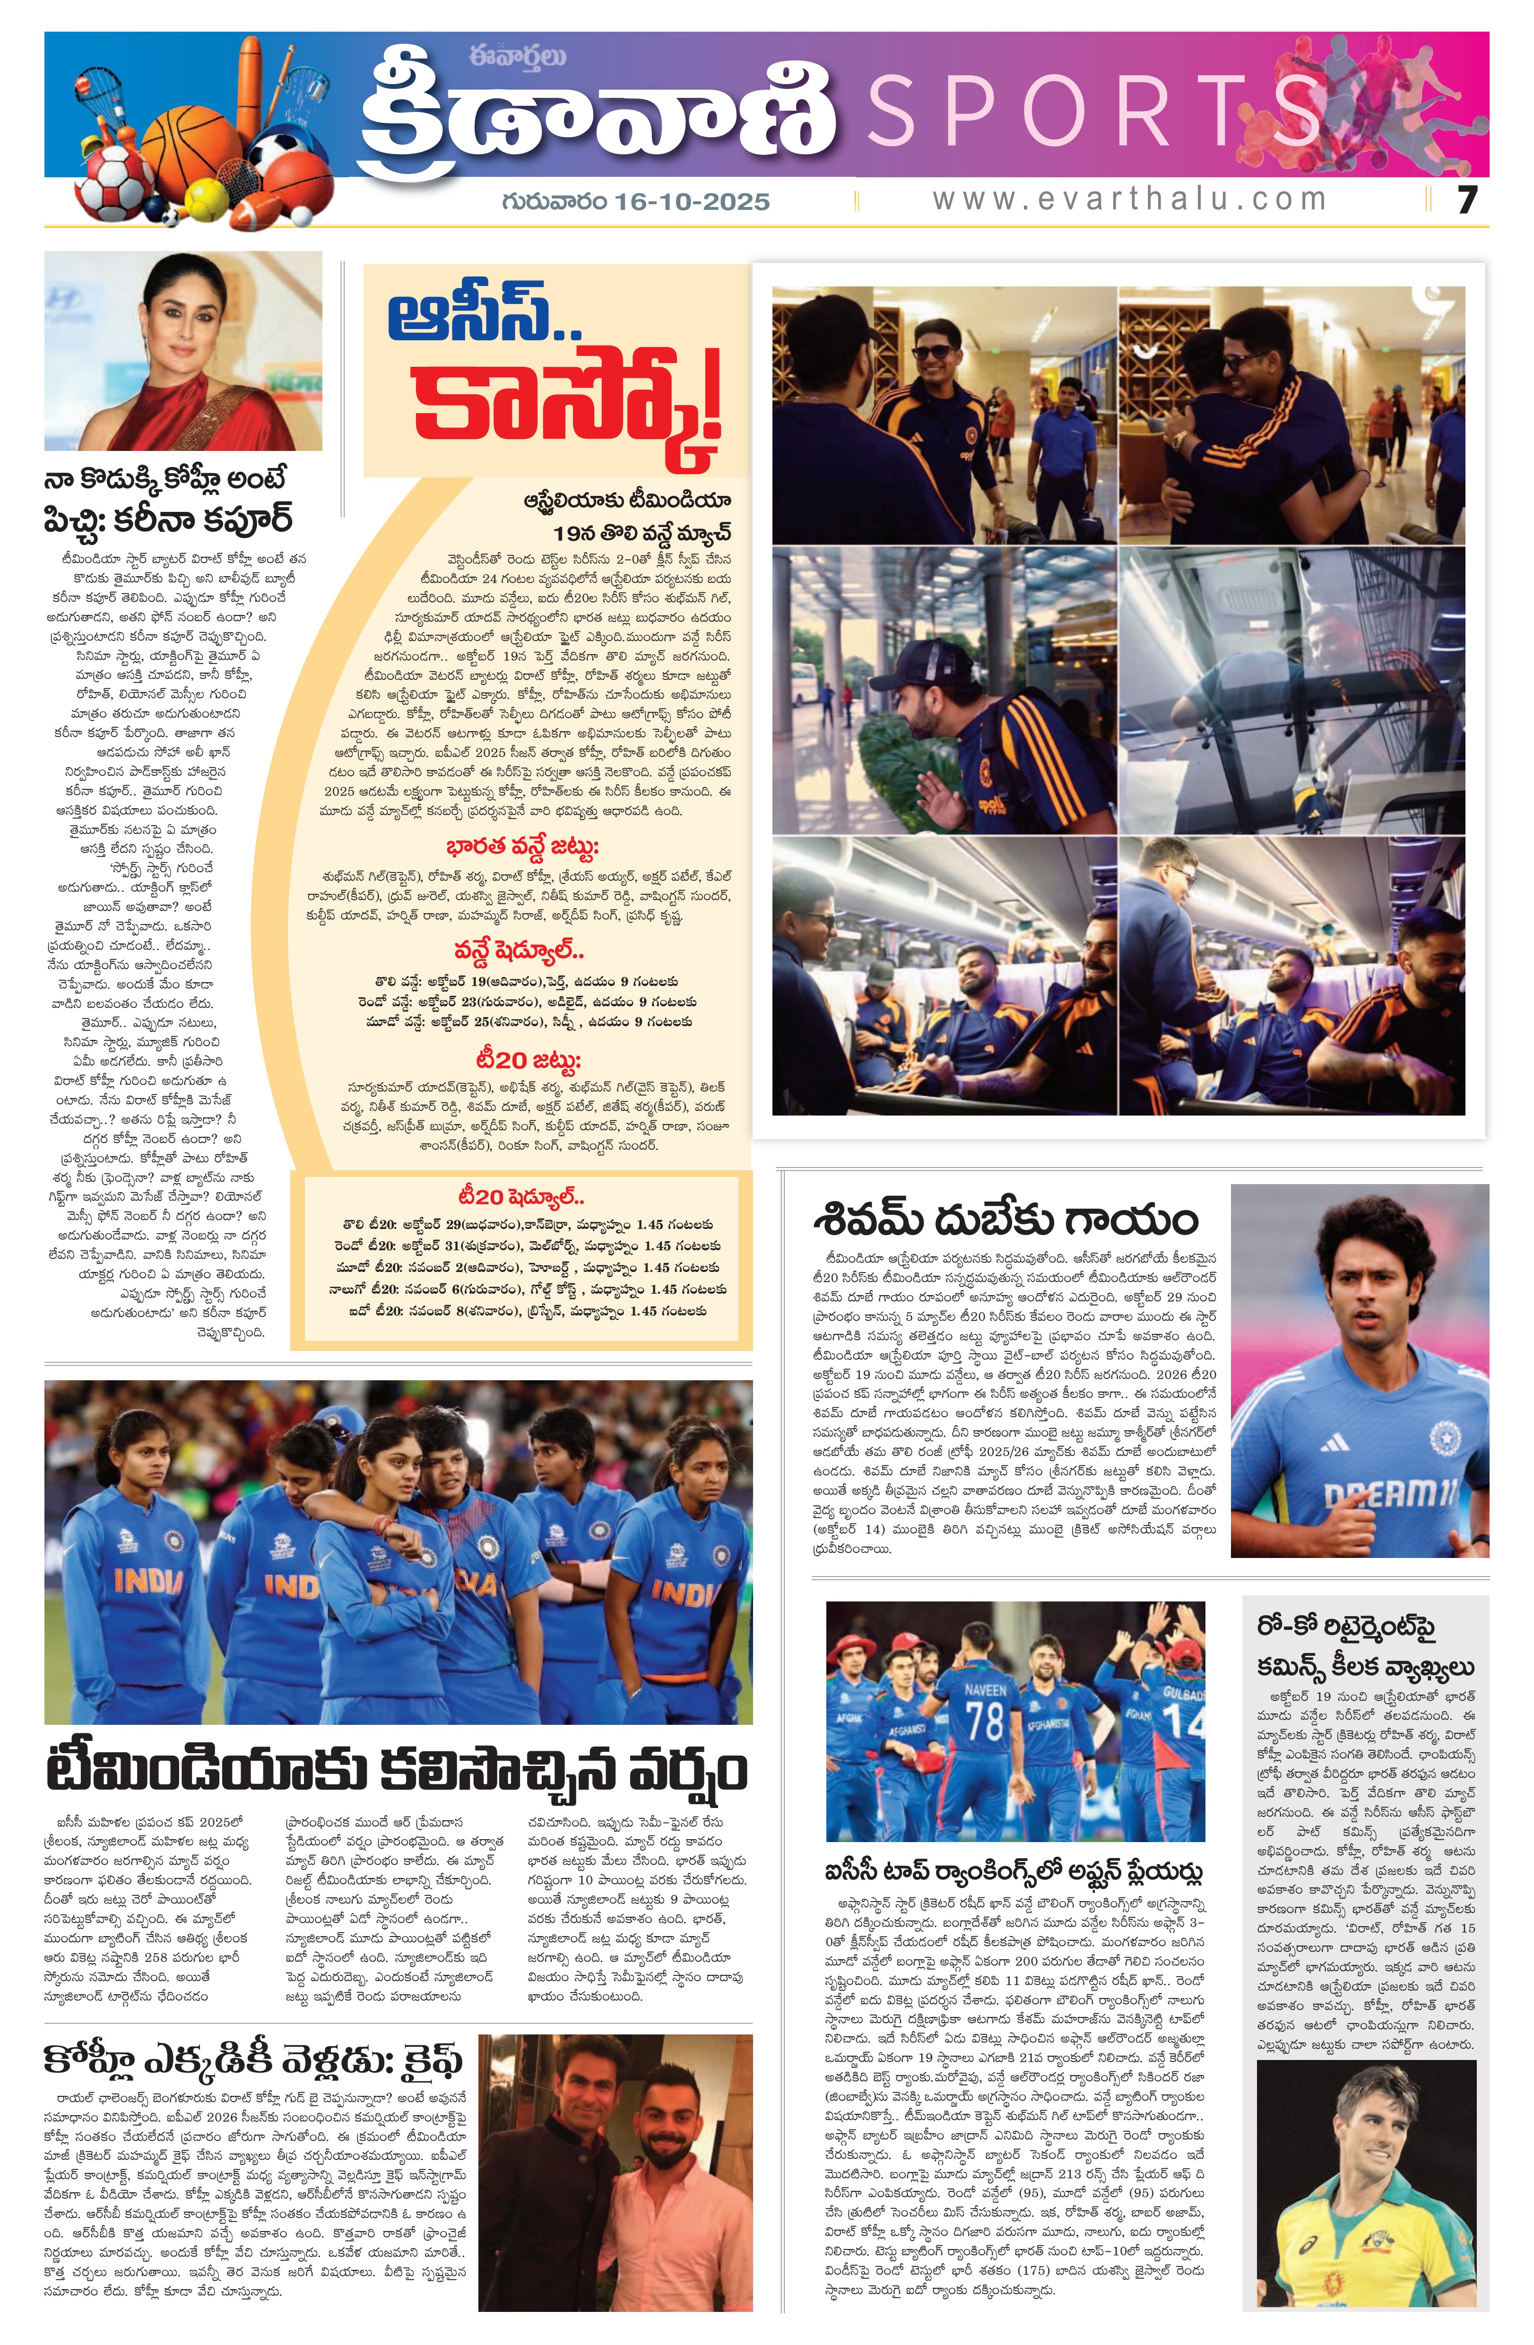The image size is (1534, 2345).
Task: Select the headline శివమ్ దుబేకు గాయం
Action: [x=1005, y=1220]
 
